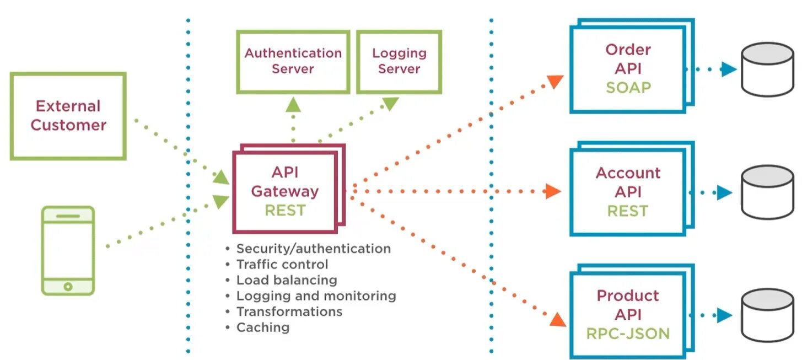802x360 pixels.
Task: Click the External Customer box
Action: pyautogui.click(x=68, y=116)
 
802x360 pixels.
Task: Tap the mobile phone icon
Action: pyautogui.click(x=68, y=250)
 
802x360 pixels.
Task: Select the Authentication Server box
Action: pyautogui.click(x=293, y=61)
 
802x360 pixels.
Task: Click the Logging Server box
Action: pyautogui.click(x=399, y=61)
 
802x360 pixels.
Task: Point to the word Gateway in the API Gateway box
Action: pyautogui.click(x=284, y=191)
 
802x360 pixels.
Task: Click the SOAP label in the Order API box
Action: pyautogui.click(x=628, y=87)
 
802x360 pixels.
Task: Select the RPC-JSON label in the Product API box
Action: pyautogui.click(x=628, y=333)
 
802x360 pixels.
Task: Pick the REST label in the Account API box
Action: pyautogui.click(x=628, y=211)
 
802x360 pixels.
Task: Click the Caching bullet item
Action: pyautogui.click(x=262, y=327)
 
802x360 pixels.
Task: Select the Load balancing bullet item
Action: pyautogui.click(x=287, y=280)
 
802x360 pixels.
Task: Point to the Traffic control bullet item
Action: pyautogui.click(x=282, y=265)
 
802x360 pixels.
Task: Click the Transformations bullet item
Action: pyautogui.click(x=289, y=311)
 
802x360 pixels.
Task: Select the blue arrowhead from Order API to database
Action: pyautogui.click(x=729, y=70)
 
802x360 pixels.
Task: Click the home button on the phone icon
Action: pyautogui.click(x=68, y=287)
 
